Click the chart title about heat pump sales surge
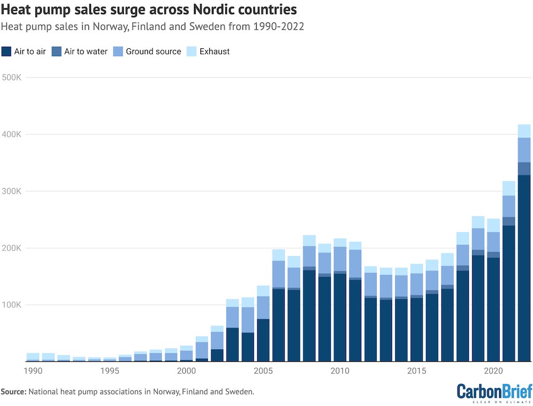point(149,10)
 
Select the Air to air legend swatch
point(7,51)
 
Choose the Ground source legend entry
point(147,51)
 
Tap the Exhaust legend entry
point(209,51)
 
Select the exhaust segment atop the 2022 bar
point(524,131)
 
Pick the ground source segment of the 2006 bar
point(278,274)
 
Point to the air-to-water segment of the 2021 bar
point(509,221)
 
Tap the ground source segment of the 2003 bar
point(232,317)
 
